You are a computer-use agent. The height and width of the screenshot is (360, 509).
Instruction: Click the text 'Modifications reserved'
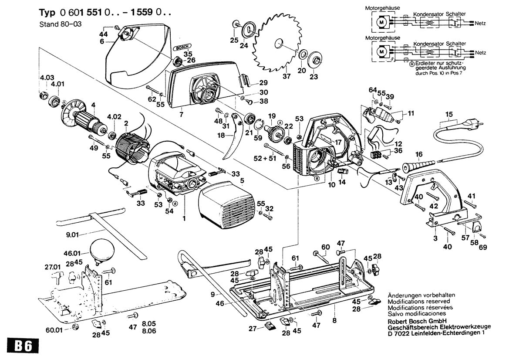(418, 301)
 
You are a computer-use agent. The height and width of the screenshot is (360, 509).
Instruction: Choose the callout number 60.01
(54, 329)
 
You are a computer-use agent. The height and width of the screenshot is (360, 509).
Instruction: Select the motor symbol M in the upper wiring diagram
(381, 21)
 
